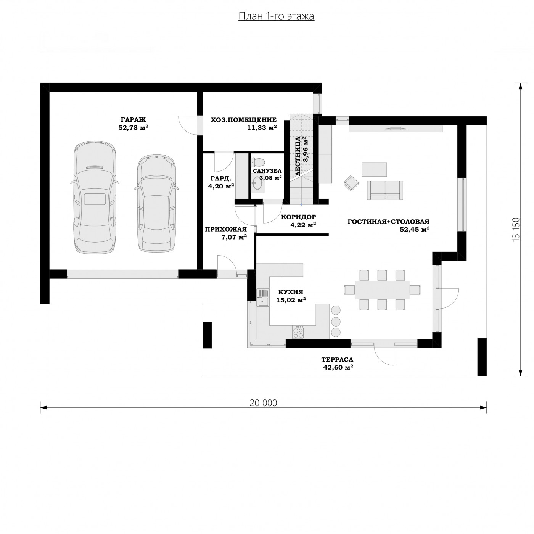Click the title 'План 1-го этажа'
pos(276,16)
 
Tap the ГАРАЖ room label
pos(133,120)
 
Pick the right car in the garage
pos(156,204)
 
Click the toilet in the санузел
pos(258,162)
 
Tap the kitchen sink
pos(263,298)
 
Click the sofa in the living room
pos(385,190)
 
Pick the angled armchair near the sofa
pos(351,183)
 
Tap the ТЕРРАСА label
pos(337,360)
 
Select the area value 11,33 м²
pos(262,128)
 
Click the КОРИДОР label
pos(298,217)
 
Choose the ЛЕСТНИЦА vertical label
pos(298,156)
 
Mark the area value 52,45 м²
pos(415,229)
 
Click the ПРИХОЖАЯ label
pos(226,229)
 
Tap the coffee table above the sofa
pos(374,169)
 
